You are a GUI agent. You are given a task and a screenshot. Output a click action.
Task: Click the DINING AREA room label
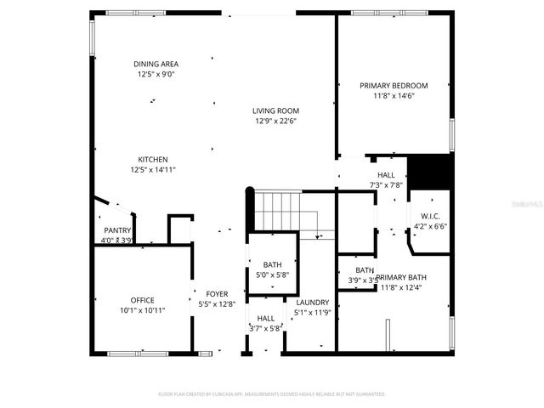[156, 64]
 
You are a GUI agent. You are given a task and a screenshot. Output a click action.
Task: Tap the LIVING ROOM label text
[275, 110]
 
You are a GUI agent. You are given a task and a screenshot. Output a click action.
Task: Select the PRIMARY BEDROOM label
[393, 86]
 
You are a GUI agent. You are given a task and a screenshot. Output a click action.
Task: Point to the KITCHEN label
[153, 159]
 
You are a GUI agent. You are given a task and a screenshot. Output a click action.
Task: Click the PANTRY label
[116, 230]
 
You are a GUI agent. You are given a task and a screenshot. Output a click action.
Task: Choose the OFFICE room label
[142, 300]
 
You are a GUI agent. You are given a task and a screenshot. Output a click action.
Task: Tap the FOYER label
[217, 293]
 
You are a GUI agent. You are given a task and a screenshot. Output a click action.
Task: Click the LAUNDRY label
[312, 302]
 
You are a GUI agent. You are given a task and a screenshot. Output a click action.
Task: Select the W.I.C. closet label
[429, 216]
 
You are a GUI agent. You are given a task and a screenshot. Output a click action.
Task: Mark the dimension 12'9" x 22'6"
[275, 121]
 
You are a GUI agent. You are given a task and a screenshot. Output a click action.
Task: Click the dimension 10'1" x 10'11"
[142, 310]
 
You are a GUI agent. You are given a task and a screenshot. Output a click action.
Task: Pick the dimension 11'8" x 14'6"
[393, 96]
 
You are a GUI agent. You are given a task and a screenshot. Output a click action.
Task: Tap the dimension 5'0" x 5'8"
[272, 275]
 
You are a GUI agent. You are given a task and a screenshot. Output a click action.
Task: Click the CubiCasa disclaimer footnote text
[272, 394]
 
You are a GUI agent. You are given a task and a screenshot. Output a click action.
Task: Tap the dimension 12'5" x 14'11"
[153, 169]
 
